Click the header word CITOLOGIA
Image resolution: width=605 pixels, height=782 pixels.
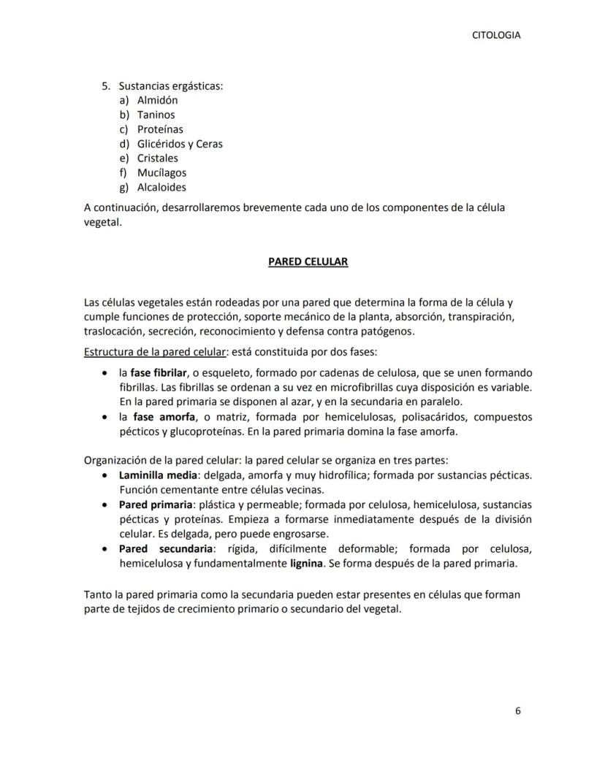coord(496,35)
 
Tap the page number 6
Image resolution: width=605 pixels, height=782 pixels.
coord(518,711)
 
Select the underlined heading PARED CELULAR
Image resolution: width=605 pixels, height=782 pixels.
coord(308,261)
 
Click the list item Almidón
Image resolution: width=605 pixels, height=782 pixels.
coord(157,100)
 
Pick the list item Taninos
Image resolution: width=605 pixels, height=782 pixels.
coord(156,115)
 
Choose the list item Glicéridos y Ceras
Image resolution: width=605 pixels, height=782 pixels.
coord(180,144)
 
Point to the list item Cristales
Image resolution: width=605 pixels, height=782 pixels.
coord(157,158)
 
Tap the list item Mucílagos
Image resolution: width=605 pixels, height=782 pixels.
coord(161,173)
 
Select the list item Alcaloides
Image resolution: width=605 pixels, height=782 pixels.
coord(161,188)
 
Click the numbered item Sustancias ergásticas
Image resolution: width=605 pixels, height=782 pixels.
coord(170,86)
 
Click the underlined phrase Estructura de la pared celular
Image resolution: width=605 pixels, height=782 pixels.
coord(155,352)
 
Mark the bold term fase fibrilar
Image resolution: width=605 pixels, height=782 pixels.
coord(159,372)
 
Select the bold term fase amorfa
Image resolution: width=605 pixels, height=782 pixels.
coord(164,417)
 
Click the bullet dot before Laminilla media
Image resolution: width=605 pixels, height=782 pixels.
coord(106,475)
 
